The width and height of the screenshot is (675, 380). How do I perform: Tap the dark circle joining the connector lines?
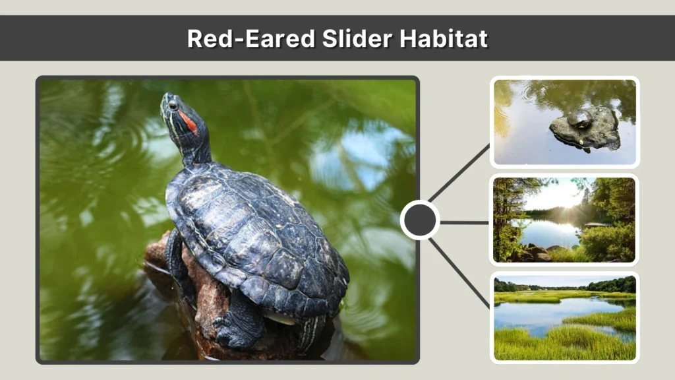pyautogui.click(x=420, y=220)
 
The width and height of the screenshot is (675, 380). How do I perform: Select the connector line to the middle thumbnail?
pyautogui.click(x=465, y=222)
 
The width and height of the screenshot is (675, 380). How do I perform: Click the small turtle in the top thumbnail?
pyautogui.click(x=580, y=119)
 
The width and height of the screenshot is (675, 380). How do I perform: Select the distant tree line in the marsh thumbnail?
pyautogui.click(x=567, y=287)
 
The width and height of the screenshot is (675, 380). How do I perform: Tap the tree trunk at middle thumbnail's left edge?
pyautogui.click(x=500, y=218)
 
